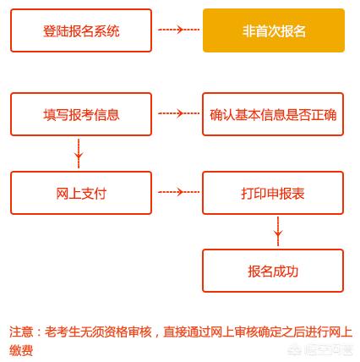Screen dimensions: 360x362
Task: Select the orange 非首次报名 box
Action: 274,30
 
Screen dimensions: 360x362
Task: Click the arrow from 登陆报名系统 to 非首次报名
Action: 178,30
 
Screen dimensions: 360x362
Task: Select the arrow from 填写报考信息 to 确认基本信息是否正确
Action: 178,113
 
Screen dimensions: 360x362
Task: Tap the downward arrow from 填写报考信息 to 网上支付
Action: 79,153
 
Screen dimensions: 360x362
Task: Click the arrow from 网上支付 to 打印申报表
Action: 178,192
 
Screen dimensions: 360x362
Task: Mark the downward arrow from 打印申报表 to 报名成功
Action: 278,231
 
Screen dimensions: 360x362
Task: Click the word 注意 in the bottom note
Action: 21,332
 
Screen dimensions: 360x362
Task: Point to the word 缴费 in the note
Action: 21,350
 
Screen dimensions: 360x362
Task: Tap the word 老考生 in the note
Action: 63,332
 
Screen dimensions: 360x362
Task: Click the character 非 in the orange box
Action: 249,30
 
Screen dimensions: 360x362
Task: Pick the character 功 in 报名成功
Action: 292,271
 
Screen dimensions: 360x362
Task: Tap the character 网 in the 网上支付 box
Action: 63,194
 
